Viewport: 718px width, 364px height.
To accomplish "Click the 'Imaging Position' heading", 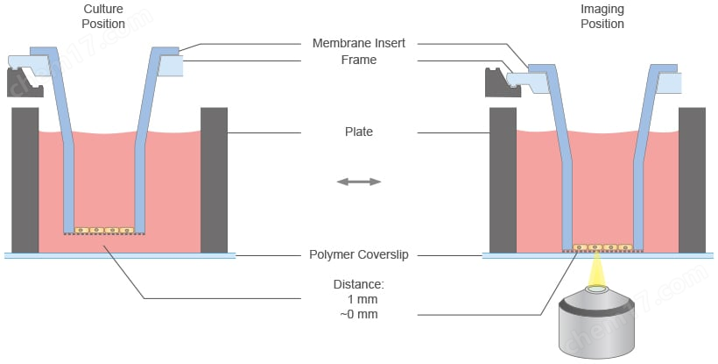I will (x=602, y=17).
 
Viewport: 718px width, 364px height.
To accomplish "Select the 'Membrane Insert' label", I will (x=358, y=44).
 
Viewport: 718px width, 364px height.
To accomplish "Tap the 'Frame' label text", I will (x=358, y=60).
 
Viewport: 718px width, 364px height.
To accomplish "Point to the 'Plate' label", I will (x=358, y=132).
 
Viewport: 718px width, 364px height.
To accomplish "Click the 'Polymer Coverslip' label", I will (x=358, y=255).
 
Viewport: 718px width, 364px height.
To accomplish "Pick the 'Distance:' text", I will (x=358, y=284).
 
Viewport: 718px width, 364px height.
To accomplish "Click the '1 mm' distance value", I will (x=358, y=299).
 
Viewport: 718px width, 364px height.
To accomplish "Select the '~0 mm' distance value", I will (x=358, y=314).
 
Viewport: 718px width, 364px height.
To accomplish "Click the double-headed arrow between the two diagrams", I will (x=359, y=182).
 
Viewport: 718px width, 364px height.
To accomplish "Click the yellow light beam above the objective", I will (x=600, y=268).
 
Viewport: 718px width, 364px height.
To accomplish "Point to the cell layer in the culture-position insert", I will (x=104, y=230).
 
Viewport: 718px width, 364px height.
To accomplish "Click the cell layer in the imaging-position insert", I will (x=600, y=247).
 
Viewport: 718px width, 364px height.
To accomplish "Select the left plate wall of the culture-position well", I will (x=25, y=179).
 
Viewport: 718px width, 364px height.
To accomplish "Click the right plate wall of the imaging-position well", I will (x=692, y=179).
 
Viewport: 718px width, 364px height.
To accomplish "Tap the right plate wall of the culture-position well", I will (x=214, y=179).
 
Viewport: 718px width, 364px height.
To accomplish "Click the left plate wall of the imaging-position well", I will (x=503, y=179).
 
